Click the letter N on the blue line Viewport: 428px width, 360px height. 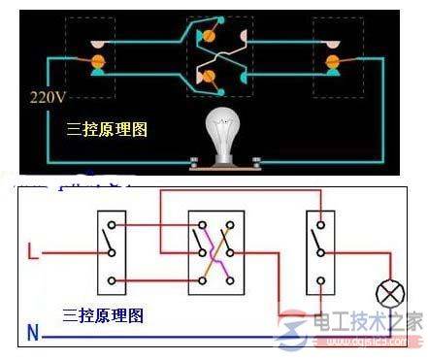[34, 335]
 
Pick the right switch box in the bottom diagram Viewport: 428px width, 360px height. [319, 251]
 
